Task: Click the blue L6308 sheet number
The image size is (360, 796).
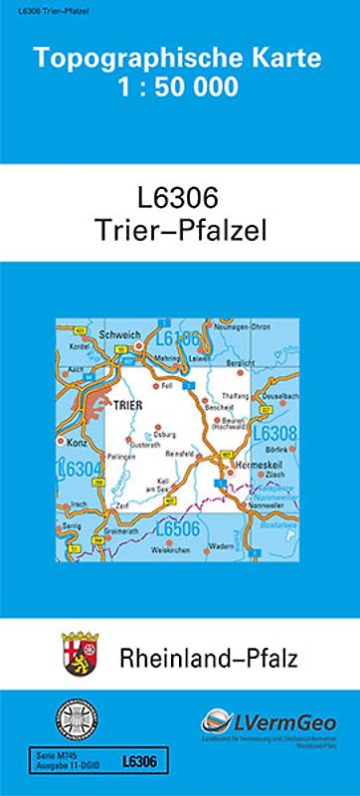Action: click(x=275, y=434)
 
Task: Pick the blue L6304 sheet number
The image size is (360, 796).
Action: click(x=82, y=469)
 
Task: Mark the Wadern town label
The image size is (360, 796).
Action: click(x=223, y=546)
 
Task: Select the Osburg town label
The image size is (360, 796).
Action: click(x=165, y=434)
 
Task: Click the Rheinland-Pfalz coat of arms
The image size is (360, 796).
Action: click(x=78, y=656)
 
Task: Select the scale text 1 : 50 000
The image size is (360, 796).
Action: click(x=179, y=87)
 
